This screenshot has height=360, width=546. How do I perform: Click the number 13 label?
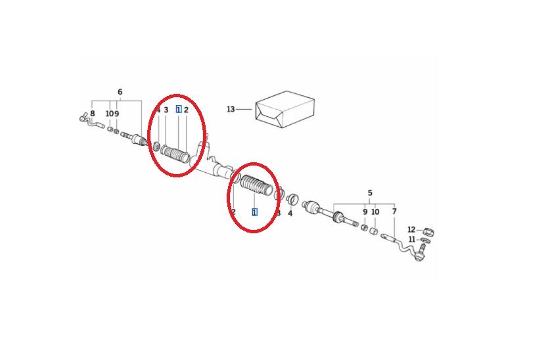coord(231,109)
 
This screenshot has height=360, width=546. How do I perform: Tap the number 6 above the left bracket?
coord(120,92)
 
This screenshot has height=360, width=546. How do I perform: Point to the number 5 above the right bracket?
coord(370,192)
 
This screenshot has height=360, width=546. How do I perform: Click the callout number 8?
coord(92,114)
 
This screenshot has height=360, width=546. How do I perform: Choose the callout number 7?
coord(394,212)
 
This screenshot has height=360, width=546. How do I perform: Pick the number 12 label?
coord(411,230)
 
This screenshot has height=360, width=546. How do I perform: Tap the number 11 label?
coord(412,240)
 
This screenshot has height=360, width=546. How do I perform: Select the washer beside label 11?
coord(426,240)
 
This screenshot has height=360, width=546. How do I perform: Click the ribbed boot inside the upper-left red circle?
coord(175,154)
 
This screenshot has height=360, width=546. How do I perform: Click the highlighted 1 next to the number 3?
coord(179,110)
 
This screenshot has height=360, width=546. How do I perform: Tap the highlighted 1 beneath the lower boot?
coord(254,212)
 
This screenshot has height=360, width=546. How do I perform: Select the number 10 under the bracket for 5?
coord(375,212)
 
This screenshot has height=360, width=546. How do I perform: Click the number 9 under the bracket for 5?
coord(365,212)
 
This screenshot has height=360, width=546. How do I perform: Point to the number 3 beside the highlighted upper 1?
coord(166,110)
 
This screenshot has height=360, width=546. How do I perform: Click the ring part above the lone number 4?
coord(292,200)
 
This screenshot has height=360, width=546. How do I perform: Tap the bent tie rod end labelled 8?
coord(91,121)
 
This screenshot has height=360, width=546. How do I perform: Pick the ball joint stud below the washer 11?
coord(421,253)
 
